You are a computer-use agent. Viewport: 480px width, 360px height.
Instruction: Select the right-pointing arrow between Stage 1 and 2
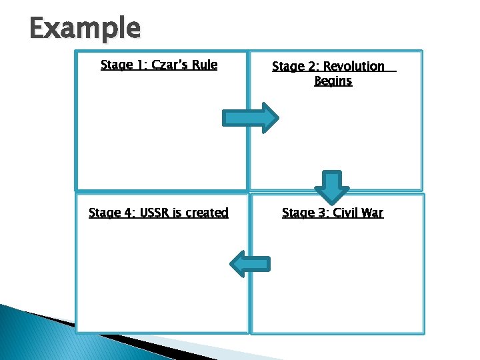coord(251,119)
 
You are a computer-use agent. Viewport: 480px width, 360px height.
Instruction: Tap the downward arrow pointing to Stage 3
coord(331,187)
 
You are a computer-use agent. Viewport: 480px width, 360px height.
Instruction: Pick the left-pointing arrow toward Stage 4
coord(249,264)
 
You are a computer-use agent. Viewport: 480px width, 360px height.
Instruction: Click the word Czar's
coord(171,65)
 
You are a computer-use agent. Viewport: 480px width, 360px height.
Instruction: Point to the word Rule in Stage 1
coord(205,65)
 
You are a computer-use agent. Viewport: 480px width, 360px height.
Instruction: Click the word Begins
coord(333,81)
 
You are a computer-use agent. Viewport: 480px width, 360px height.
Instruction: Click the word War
coord(373,213)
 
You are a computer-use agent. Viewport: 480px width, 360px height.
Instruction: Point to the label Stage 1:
coord(123,65)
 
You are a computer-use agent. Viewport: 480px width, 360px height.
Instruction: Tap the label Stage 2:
coord(295,66)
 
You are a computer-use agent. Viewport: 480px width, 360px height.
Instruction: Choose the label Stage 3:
coord(305,213)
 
